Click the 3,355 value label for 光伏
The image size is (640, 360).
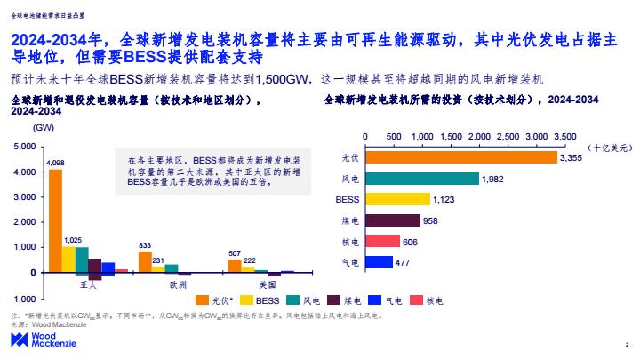571,157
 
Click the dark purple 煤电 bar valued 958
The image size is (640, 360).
392,220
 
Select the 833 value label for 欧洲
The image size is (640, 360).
145,244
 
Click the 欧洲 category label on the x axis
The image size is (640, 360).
178,286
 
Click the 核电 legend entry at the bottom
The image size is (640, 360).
433,300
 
